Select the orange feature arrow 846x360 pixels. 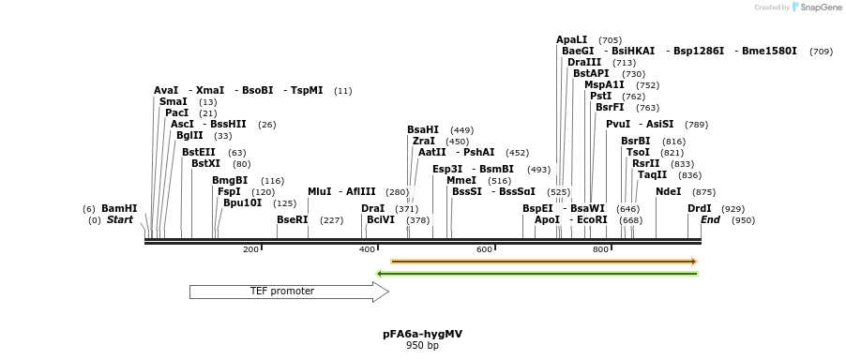tap(543, 261)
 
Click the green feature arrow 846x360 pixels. tap(536, 274)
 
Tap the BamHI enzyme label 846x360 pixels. tap(119, 208)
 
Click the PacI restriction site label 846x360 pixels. tap(177, 112)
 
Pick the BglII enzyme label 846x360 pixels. tap(189, 135)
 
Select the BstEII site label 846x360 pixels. tap(199, 152)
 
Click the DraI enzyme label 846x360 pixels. tap(373, 208)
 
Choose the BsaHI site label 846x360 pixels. tap(423, 129)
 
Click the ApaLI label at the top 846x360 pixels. tap(572, 39)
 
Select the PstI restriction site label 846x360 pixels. tap(601, 96)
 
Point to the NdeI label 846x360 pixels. tap(669, 191)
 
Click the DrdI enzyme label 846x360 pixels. tap(700, 208)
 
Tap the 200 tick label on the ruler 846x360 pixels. tap(250, 249)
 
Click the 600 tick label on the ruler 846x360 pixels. tap(484, 249)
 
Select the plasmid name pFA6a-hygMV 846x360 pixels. tap(422, 334)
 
